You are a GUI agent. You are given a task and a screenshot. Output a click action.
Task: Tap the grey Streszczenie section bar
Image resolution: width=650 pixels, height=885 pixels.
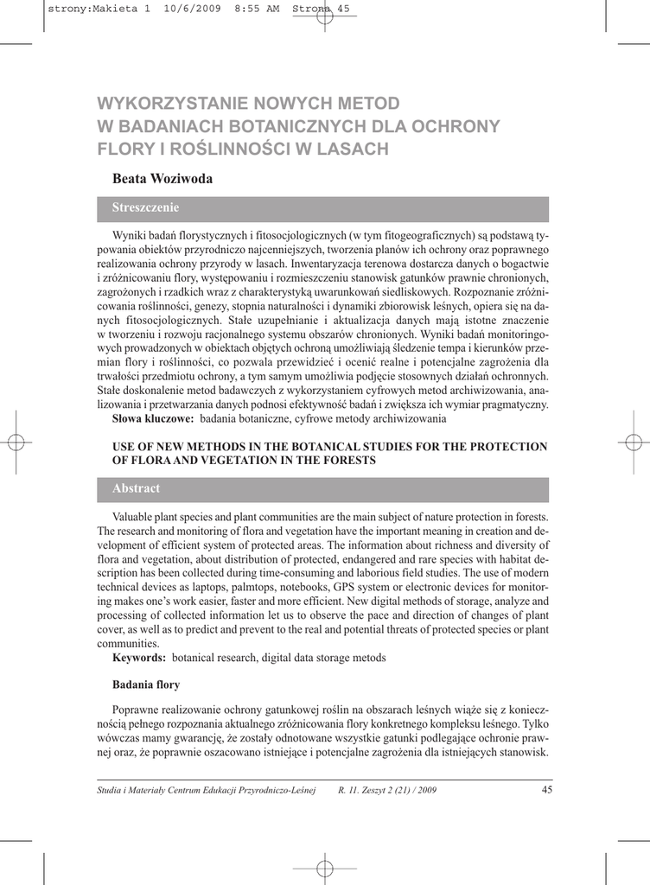(x=330, y=208)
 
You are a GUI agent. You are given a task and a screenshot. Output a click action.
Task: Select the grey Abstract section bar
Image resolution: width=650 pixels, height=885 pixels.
(x=330, y=489)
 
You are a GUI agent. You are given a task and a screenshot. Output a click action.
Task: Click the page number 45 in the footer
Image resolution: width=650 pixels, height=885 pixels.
(x=545, y=789)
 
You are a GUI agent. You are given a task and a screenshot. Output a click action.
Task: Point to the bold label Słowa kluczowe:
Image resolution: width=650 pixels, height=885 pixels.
(x=153, y=419)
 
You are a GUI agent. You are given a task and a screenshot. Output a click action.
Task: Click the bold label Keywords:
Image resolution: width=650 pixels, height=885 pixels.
(x=139, y=659)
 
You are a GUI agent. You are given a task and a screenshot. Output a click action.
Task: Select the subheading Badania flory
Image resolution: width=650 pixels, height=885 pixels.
(x=146, y=685)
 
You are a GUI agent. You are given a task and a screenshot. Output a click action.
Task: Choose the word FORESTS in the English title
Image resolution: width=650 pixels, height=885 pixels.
(x=346, y=461)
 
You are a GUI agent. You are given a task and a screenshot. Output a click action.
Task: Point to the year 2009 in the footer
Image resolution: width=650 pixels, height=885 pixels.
(x=425, y=791)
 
